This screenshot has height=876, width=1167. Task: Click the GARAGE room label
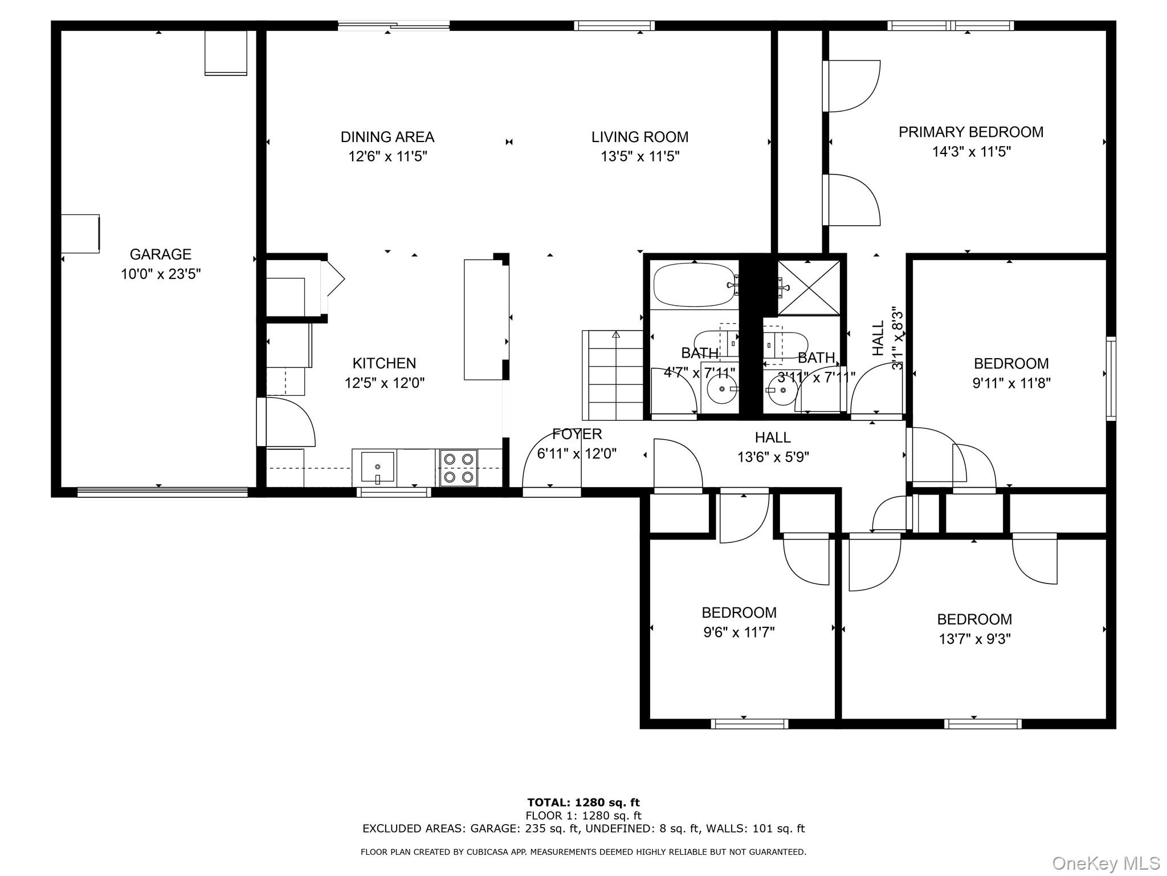tap(160, 254)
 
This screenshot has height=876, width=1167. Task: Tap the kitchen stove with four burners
tap(459, 468)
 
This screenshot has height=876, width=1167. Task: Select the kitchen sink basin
tap(377, 467)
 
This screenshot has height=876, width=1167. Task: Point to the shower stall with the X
tap(809, 287)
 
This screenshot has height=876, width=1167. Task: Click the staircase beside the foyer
tap(613, 375)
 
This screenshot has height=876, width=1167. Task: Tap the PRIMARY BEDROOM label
tap(971, 132)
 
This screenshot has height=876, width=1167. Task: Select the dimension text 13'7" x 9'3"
tap(974, 639)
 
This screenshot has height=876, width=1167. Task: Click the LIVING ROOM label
tap(640, 137)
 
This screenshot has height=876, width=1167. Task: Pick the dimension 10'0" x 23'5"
tap(161, 274)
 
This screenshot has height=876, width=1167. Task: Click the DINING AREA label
tap(387, 137)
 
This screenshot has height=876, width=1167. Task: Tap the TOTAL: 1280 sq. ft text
tap(583, 803)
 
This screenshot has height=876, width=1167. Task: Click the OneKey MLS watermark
tap(1106, 863)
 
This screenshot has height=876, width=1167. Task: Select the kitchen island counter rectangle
tap(483, 319)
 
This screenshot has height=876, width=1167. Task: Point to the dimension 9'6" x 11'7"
tap(739, 632)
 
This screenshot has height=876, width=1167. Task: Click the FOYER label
tap(577, 434)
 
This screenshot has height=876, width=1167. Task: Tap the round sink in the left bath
tap(722, 389)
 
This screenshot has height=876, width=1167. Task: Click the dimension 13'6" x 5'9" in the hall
tap(773, 457)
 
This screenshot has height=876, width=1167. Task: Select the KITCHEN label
tap(384, 363)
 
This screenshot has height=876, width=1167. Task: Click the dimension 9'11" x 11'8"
tap(1011, 383)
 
